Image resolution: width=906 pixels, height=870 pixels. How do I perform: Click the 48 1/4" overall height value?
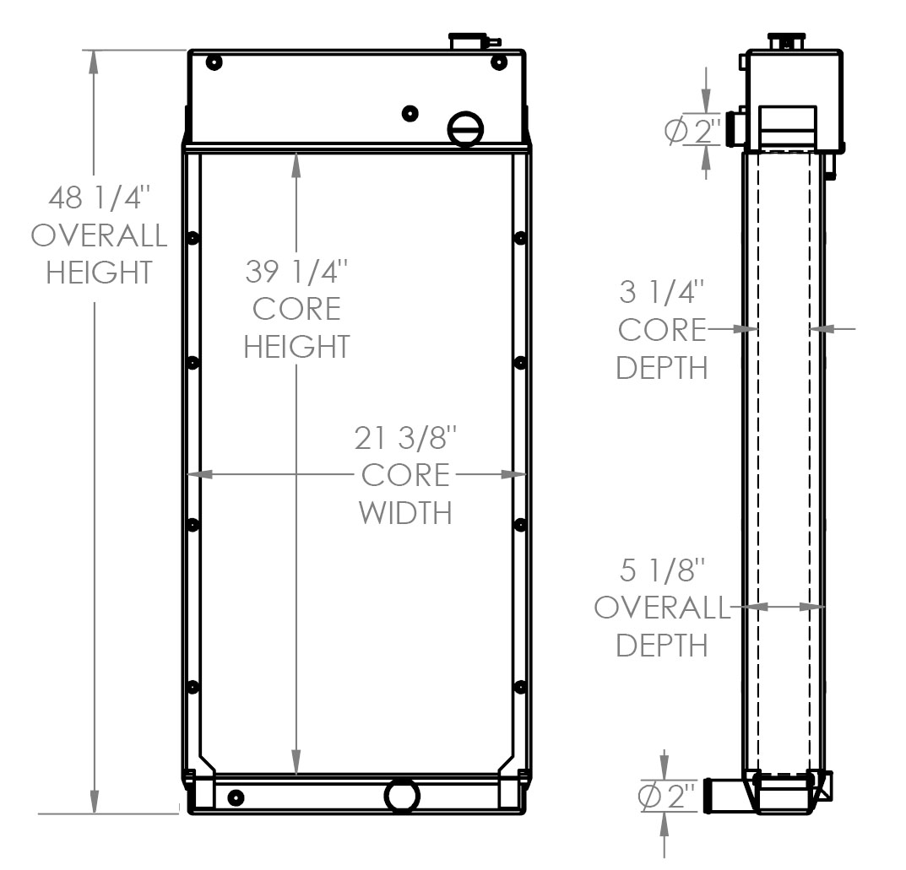click(99, 199)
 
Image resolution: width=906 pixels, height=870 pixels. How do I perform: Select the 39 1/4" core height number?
click(296, 272)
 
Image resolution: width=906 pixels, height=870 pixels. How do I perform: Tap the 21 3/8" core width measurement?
click(406, 438)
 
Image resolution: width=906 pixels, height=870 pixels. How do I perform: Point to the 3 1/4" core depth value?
click(661, 293)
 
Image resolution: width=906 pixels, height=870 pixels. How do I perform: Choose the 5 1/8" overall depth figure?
click(661, 571)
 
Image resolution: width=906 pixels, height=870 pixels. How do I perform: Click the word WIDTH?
click(406, 512)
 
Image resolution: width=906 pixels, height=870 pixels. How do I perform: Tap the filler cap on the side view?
click(785, 41)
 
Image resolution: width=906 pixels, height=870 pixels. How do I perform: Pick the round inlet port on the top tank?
click(465, 129)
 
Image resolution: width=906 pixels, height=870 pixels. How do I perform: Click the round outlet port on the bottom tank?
click(402, 795)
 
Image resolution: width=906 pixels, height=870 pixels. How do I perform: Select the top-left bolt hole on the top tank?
click(213, 62)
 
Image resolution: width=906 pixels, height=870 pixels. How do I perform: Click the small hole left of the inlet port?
click(410, 113)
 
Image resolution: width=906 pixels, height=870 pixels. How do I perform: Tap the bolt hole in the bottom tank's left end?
click(236, 797)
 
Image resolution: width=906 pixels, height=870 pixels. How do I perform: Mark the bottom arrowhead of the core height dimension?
click(296, 764)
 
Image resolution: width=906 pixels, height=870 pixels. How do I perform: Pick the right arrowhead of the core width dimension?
click(514, 474)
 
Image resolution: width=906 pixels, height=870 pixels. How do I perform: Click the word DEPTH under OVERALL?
click(661, 645)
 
